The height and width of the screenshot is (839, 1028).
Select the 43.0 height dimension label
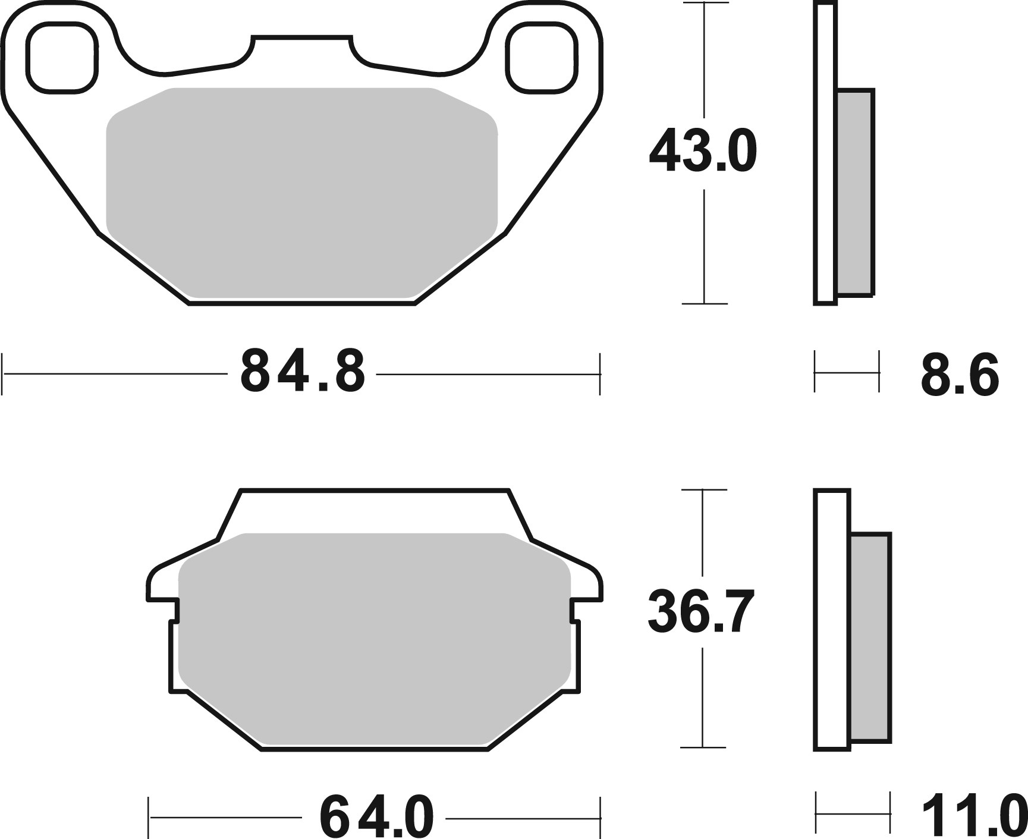[703, 152]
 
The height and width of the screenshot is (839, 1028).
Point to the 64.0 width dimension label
[377, 817]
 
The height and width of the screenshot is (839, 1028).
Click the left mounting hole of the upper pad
[62, 58]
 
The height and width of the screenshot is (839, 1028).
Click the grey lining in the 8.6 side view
[856, 191]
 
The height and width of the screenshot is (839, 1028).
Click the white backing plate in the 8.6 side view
[825, 155]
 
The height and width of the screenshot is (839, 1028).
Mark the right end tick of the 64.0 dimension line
[601, 817]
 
